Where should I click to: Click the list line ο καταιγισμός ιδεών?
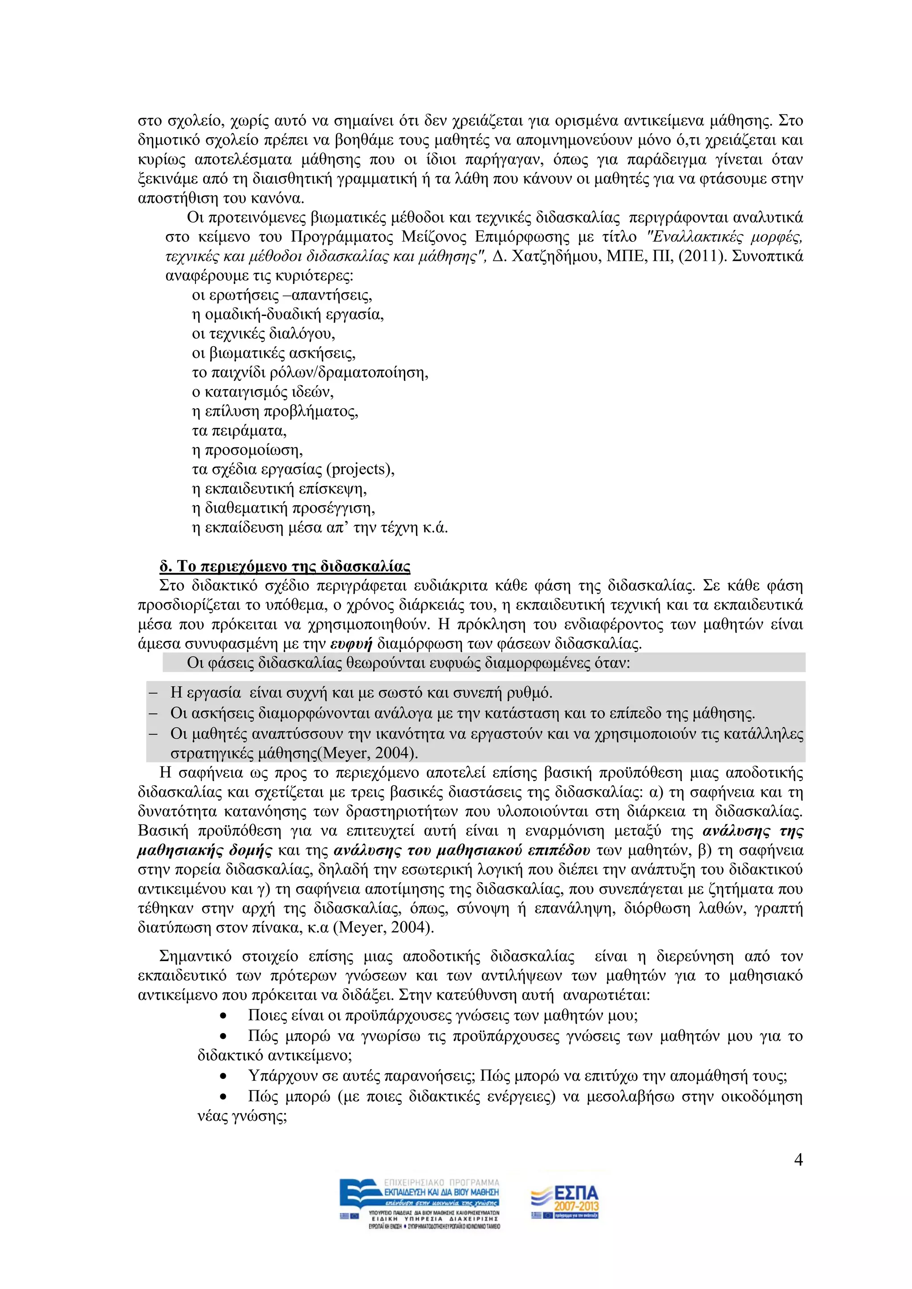pos(263,392)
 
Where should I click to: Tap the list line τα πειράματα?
pos(239,430)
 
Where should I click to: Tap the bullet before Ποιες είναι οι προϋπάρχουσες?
pos(224,1016)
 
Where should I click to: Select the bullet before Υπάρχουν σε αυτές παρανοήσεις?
pos(224,1077)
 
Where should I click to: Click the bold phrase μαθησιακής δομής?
pos(204,851)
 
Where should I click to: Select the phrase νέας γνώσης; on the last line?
pos(242,1116)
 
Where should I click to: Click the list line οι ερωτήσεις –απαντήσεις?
pos(282,295)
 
